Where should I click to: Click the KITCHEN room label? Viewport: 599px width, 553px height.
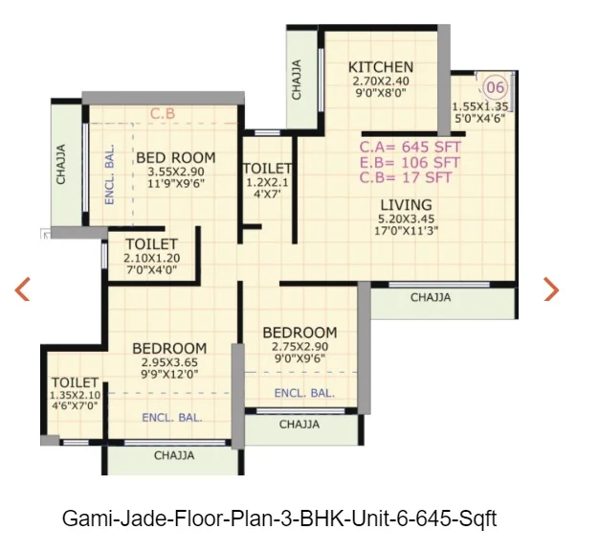[381, 67]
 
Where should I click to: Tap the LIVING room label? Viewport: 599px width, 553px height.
[406, 205]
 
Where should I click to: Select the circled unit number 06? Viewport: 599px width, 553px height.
[496, 87]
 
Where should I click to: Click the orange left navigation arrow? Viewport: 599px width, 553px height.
[22, 288]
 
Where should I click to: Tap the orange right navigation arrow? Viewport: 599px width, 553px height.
[551, 288]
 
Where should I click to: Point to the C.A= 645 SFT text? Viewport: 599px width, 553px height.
[410, 147]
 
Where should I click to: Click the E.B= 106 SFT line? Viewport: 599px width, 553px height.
[410, 163]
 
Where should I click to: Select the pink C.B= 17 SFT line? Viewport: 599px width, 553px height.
[406, 177]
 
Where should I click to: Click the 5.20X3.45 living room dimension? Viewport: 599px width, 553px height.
[406, 219]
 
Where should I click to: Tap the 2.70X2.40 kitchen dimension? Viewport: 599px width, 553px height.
[381, 81]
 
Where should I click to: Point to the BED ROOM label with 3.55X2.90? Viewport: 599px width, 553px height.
[176, 158]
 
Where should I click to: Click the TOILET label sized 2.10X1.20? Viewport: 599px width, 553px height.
[151, 244]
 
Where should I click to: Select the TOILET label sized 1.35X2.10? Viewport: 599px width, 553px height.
[75, 382]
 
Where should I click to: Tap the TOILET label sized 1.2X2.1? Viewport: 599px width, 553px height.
[267, 169]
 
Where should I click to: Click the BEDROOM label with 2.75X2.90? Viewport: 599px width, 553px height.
[299, 333]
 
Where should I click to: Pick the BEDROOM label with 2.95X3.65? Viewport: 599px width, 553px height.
[169, 348]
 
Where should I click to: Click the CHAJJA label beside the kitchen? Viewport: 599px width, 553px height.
[297, 80]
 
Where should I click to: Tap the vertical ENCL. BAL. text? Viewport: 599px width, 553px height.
[109, 174]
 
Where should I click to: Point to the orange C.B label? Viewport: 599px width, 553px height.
[163, 114]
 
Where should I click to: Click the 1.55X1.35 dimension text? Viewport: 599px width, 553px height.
[480, 106]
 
